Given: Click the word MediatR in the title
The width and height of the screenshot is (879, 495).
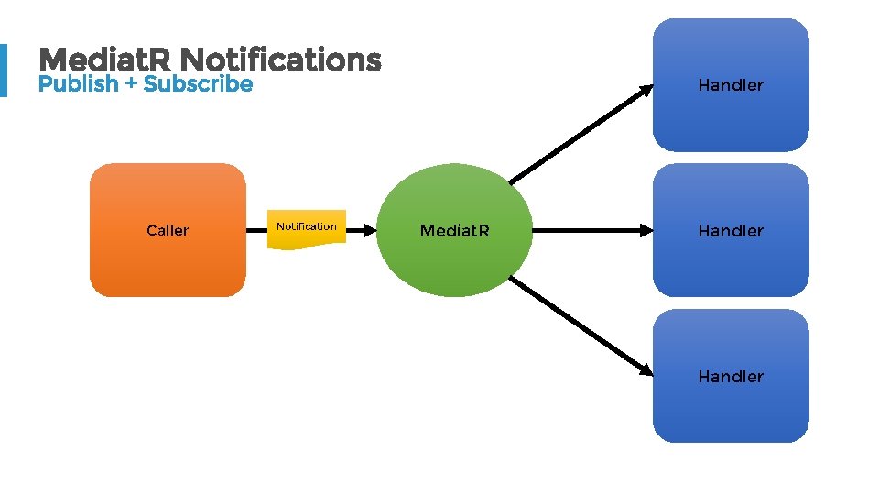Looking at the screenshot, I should click(107, 60).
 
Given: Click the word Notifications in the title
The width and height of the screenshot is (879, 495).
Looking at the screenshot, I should click(281, 60).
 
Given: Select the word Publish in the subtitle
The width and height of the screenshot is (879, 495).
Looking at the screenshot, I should click(79, 84).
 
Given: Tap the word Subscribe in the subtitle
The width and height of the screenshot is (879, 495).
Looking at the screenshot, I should click(198, 84).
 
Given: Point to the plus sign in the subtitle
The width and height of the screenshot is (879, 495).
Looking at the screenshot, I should click(131, 84).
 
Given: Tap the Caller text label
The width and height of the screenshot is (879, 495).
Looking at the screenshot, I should click(168, 230).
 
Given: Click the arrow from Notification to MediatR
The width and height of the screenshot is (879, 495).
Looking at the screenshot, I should click(361, 230).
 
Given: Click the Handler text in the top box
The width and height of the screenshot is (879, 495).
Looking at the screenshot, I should click(731, 85).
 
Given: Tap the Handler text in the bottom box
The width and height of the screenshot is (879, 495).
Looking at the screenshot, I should click(731, 377).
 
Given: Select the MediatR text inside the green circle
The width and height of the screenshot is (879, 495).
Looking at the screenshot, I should click(455, 231).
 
